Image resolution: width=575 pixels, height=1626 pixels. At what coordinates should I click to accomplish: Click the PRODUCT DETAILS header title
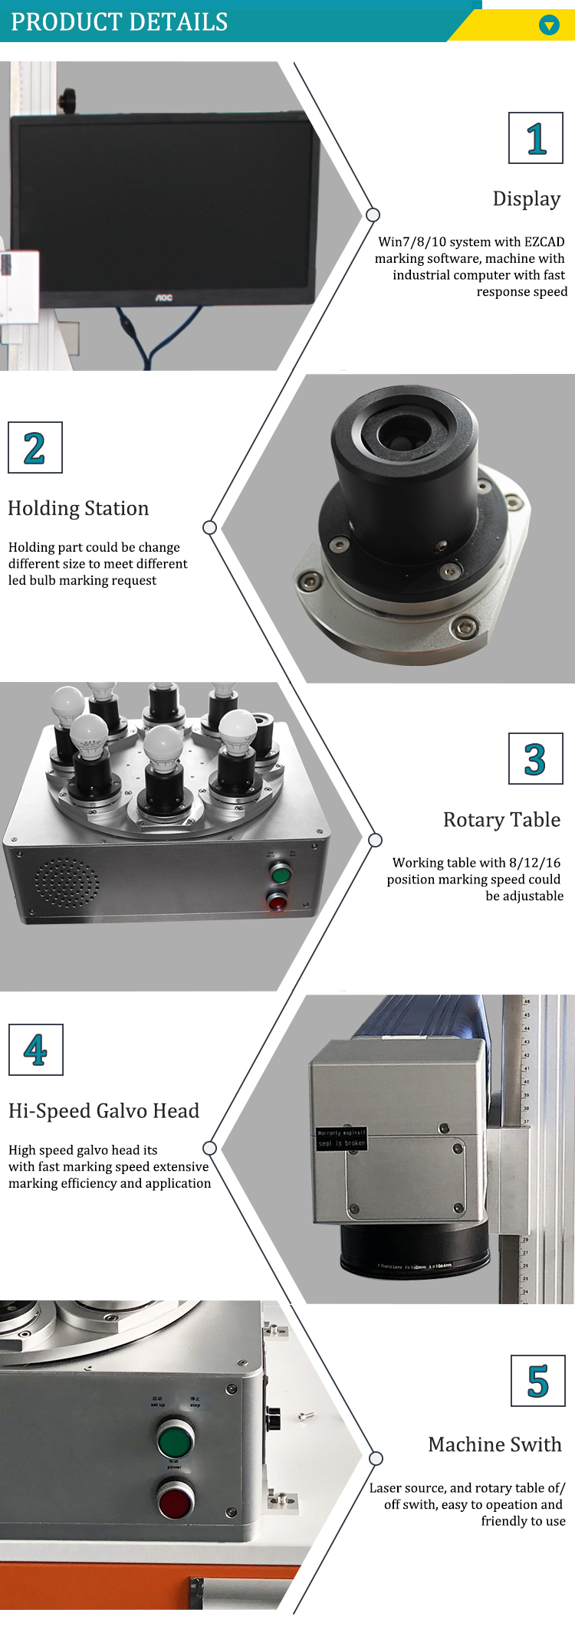click(x=120, y=21)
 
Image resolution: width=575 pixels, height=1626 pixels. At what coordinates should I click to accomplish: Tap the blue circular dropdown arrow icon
click(x=549, y=25)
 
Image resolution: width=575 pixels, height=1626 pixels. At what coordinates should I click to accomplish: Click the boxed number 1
click(x=536, y=139)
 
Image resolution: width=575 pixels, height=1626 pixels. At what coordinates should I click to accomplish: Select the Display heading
click(x=526, y=198)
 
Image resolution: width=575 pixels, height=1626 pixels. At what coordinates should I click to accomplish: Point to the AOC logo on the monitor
click(x=164, y=297)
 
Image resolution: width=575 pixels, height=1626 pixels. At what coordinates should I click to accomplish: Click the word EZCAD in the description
click(x=544, y=242)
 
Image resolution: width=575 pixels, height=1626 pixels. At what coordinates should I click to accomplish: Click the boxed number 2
click(x=34, y=448)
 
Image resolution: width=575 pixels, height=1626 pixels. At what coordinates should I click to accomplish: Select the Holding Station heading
click(x=78, y=509)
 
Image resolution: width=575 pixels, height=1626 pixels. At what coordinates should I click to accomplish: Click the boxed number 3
click(x=535, y=759)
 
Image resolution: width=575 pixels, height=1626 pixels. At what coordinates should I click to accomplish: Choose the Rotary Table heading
click(x=501, y=820)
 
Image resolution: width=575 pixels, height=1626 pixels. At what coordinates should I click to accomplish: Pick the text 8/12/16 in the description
click(x=534, y=863)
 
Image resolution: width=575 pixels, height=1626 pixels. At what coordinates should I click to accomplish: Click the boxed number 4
click(x=35, y=1051)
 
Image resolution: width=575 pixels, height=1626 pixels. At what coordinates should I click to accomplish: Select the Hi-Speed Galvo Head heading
click(x=103, y=1111)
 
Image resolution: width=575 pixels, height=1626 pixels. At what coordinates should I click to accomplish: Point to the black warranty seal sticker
click(x=342, y=1137)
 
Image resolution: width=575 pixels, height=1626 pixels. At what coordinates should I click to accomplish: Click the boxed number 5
click(x=537, y=1381)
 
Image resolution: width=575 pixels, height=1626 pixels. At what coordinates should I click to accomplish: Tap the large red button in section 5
click(x=176, y=1500)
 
